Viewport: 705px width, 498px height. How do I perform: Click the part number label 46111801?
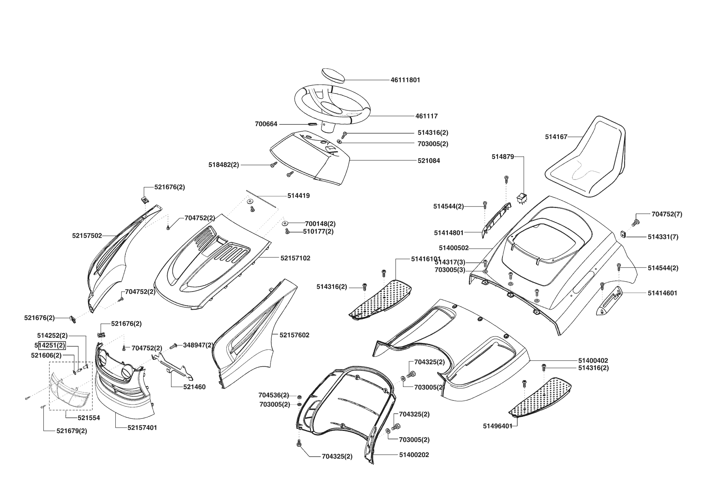(x=405, y=80)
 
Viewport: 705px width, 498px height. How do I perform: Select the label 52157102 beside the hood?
(x=295, y=258)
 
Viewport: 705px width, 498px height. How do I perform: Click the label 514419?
(x=299, y=196)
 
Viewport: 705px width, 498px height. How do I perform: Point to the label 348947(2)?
(x=198, y=345)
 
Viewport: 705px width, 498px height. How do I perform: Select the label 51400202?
(x=414, y=455)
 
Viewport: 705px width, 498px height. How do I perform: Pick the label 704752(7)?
(x=667, y=214)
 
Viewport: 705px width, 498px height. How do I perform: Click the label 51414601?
(x=662, y=293)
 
